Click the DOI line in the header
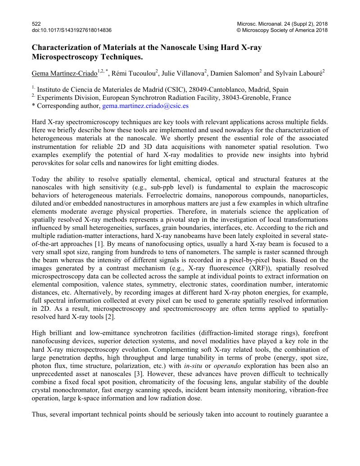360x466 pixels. (72, 30)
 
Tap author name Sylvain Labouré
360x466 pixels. (298, 73)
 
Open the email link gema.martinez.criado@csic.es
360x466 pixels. (145, 106)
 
